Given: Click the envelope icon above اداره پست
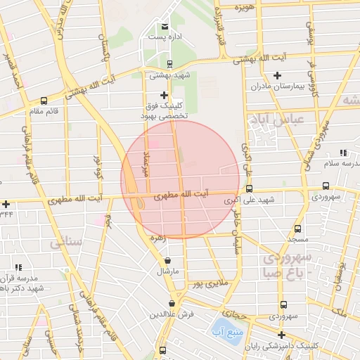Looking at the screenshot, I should coord(165,26).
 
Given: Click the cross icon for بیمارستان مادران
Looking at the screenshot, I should coord(277,75).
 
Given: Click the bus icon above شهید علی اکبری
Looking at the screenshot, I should coord(249,188).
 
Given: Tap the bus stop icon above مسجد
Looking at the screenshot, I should coord(297,229).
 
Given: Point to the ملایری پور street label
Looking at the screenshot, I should coord(208,283).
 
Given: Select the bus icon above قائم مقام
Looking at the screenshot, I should coord(44,101).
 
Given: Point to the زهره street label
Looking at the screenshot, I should coord(157,238).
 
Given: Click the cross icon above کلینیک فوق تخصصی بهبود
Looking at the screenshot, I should coord(165,95).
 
